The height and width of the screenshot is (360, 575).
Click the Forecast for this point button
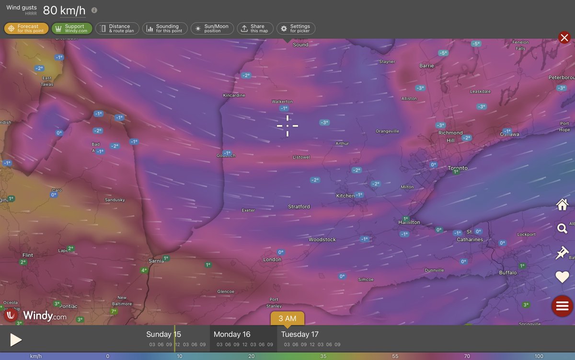tap(26, 29)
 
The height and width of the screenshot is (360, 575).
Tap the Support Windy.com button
tap(72, 29)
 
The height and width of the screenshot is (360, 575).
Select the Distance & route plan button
tap(117, 29)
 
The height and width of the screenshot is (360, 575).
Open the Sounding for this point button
tap(165, 29)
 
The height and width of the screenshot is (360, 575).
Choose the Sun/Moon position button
tap(212, 29)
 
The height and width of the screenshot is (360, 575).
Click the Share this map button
tap(255, 29)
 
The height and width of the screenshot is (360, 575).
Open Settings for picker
tap(296, 29)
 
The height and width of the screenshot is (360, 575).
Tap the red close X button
tap(564, 37)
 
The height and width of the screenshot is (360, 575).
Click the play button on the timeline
tap(16, 340)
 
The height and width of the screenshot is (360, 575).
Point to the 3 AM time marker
tap(287, 318)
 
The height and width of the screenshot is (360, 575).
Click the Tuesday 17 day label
tap(299, 334)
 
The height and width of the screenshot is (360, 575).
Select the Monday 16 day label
tap(232, 334)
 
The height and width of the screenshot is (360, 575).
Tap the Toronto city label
tap(458, 168)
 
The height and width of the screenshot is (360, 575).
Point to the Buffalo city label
tap(508, 273)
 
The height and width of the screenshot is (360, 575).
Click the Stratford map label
tap(299, 207)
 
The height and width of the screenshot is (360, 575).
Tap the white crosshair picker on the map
tap(287, 126)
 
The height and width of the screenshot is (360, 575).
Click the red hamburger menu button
tap(562, 306)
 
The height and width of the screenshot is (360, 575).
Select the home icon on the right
tap(562, 205)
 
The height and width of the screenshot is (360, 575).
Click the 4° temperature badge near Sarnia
tap(144, 270)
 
